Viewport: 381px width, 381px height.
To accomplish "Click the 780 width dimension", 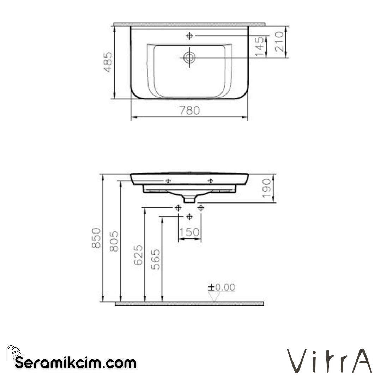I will [189, 110].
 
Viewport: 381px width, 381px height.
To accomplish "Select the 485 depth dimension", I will [108, 62].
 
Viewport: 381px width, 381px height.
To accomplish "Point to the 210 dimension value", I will [279, 42].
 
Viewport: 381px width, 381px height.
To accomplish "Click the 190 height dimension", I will [266, 188].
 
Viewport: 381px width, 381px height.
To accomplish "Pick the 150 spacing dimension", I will [189, 232].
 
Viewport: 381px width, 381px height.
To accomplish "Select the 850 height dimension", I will [97, 238].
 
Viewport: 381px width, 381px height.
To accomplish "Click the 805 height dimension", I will [114, 241].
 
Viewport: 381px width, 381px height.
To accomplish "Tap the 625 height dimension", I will [139, 255].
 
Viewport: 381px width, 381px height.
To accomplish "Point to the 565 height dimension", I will [156, 259].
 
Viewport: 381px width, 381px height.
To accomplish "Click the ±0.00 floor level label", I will [221, 288].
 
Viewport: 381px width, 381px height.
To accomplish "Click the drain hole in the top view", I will [189, 57].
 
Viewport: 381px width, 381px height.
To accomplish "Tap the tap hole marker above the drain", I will [189, 36].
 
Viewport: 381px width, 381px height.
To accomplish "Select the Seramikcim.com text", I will [75, 362].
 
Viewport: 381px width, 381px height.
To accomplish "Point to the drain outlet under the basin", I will [189, 200].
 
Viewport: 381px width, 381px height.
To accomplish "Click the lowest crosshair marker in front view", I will [189, 217].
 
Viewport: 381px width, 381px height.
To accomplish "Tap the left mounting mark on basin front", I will [168, 181].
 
